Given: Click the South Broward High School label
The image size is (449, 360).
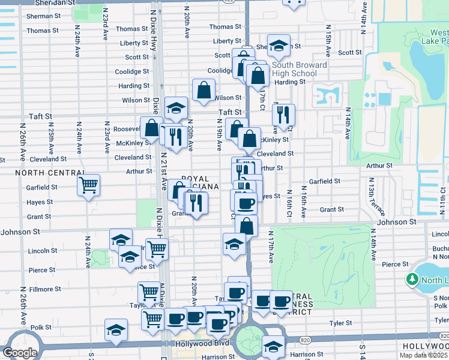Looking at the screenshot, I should pos(300,69).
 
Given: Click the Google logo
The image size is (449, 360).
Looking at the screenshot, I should pos(20,353).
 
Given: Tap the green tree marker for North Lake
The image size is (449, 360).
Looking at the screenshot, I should pos(412,280).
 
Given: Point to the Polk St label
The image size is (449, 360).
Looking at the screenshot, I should pos(41,328).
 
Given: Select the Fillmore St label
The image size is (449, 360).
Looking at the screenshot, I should pos(46,289).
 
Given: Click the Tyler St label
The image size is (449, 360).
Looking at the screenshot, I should pos(340,323).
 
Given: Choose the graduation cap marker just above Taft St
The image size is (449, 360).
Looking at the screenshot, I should pos(176,107).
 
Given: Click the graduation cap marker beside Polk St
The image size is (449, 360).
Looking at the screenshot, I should pos(116,329).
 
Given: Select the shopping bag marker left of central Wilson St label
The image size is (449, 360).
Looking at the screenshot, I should pos(204,89).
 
